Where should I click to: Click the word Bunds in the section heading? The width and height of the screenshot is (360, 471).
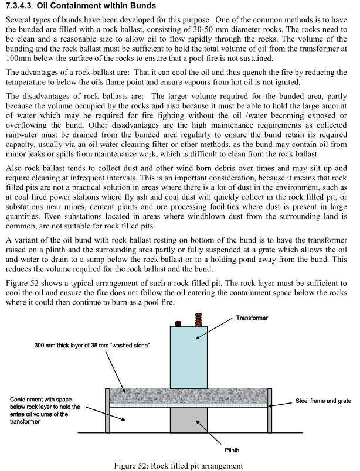tap(141, 6)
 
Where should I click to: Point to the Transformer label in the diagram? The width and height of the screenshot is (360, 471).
tap(252, 318)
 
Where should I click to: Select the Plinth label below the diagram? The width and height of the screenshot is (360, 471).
tap(235, 450)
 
